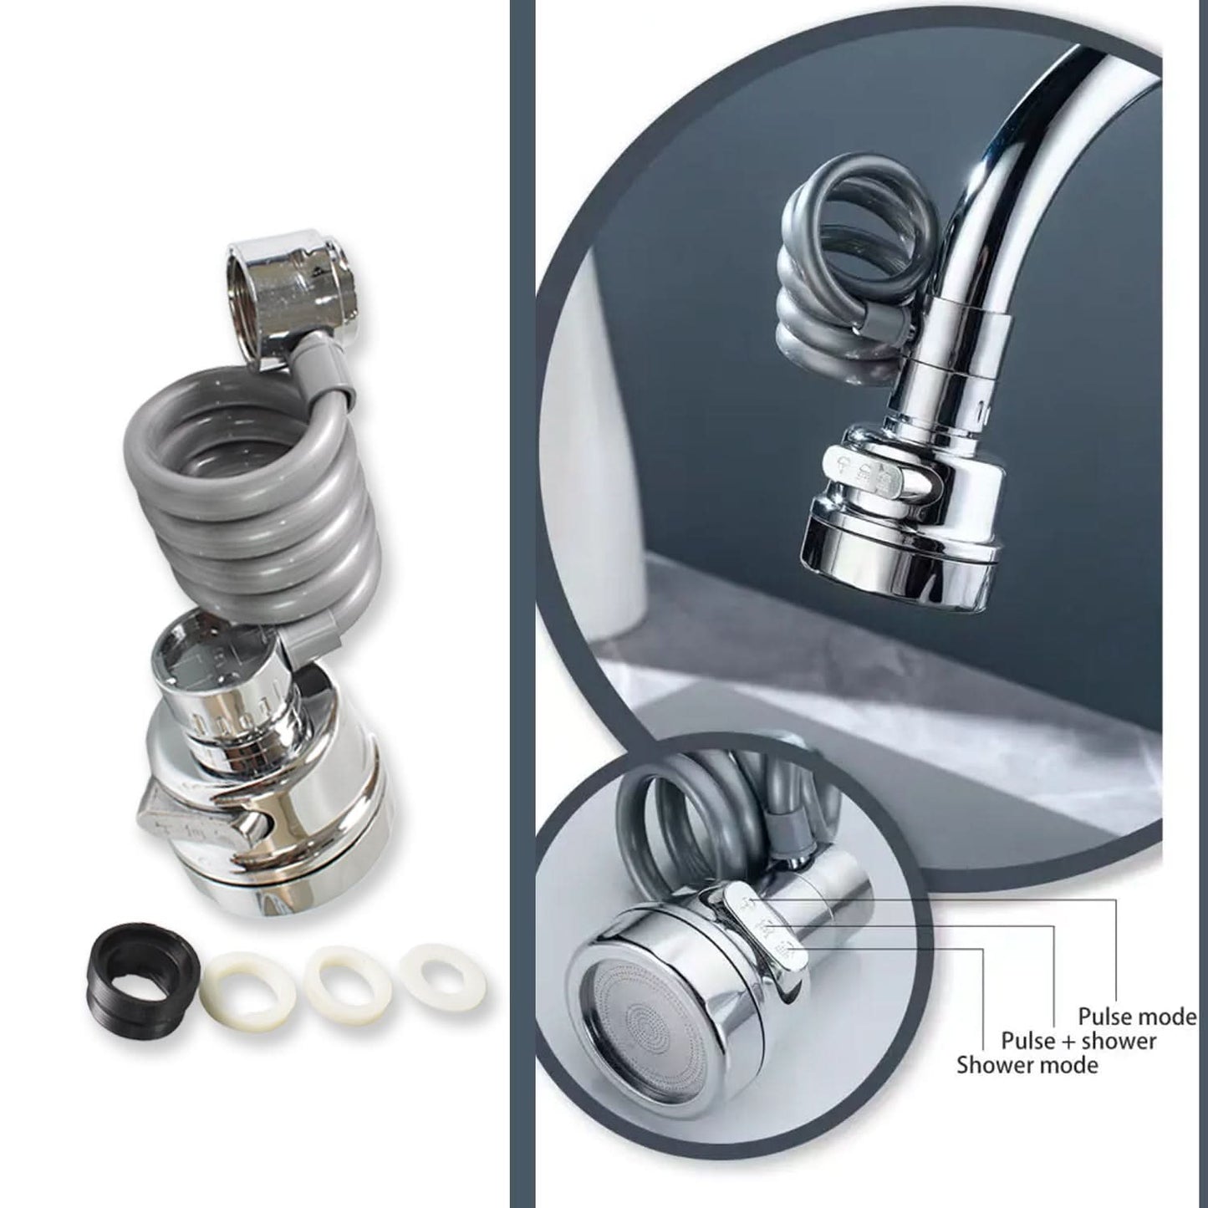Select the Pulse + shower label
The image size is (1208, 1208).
[x=1078, y=1041]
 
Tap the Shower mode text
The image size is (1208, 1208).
[x=1027, y=1065]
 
